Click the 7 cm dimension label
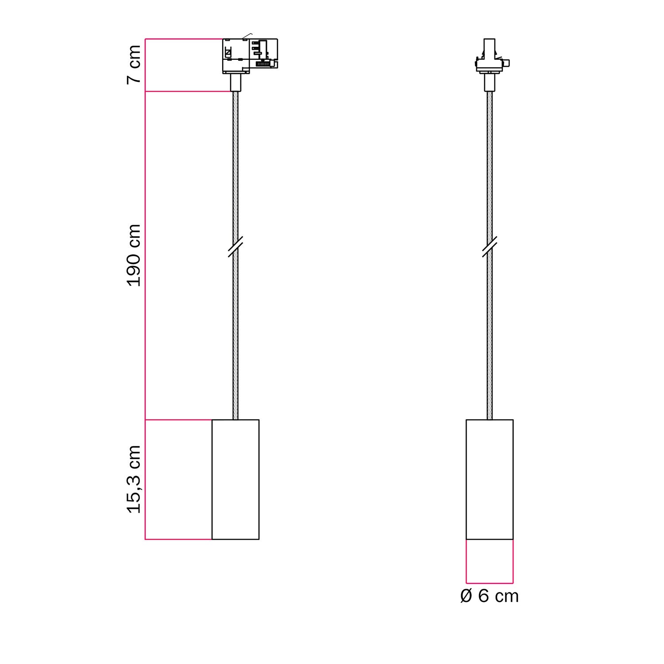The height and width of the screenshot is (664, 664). click(x=134, y=64)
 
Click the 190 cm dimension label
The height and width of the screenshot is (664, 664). click(x=134, y=255)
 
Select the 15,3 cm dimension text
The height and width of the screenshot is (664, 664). click(x=134, y=479)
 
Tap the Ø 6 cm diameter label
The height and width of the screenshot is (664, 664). click(x=489, y=596)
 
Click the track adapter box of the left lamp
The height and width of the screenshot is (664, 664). click(x=249, y=55)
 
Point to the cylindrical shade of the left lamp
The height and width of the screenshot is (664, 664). click(x=235, y=479)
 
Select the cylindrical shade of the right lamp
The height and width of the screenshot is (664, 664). click(x=490, y=479)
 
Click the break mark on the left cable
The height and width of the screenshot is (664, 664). click(x=235, y=247)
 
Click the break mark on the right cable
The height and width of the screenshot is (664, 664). click(x=490, y=247)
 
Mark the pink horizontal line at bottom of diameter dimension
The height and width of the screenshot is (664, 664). click(x=490, y=583)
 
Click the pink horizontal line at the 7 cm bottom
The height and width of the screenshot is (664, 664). click(x=188, y=92)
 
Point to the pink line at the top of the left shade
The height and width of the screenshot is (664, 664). click(x=178, y=420)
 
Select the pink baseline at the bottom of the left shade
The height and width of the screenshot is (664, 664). click(x=178, y=539)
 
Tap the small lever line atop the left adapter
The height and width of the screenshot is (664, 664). click(x=247, y=36)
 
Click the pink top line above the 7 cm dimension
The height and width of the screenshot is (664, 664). click(x=184, y=39)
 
